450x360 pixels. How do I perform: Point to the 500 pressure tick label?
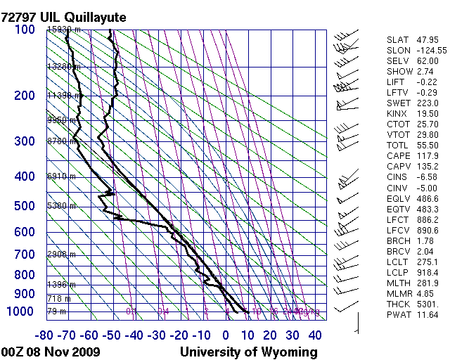25,206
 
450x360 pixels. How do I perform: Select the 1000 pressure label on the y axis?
21,311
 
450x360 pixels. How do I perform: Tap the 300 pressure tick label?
25,141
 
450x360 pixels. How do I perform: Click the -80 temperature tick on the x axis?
46,335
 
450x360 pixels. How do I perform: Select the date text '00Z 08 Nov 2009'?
51,352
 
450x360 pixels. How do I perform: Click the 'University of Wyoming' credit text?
249,352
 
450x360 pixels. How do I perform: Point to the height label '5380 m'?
61,206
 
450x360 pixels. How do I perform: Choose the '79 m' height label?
56,311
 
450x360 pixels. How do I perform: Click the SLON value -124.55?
427,51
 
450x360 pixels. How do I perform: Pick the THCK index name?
398,304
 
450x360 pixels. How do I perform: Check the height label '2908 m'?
61,254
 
